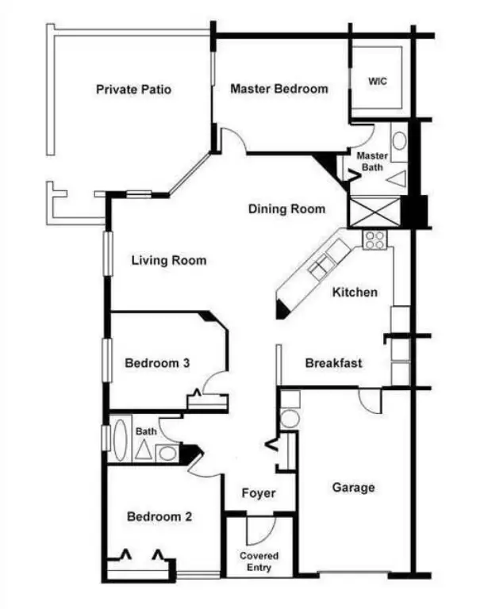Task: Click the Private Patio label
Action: [133, 90]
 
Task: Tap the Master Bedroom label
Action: [278, 89]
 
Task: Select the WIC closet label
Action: [378, 82]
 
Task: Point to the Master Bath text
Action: [371, 161]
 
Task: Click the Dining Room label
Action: [286, 209]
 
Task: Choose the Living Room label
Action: [168, 260]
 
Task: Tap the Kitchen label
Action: [355, 292]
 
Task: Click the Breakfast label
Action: [334, 363]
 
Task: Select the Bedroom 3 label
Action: [157, 363]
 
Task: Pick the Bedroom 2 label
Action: [159, 517]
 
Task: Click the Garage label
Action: [353, 488]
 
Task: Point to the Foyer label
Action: [259, 493]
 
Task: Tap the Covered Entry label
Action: [259, 561]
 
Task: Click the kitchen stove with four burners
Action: [375, 239]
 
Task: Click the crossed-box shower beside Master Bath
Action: [375, 211]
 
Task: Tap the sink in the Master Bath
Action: [399, 142]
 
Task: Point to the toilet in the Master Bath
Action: [397, 178]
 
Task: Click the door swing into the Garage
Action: [368, 400]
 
